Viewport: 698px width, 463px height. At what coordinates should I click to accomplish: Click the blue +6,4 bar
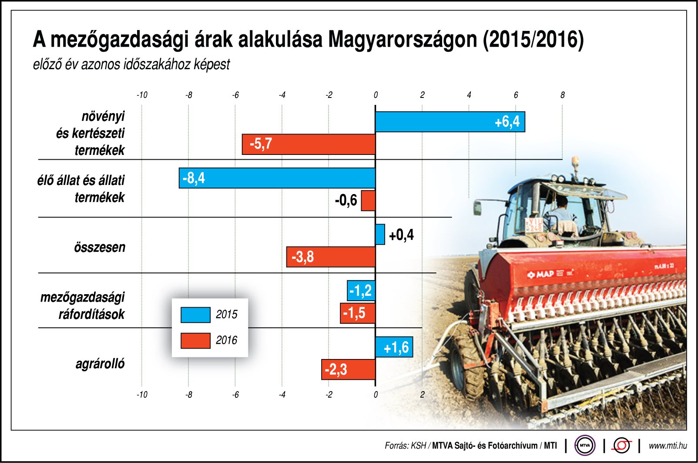click(450, 122)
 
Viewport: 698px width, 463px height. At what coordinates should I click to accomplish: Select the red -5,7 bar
click(309, 144)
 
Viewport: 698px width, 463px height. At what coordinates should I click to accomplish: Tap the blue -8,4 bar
click(277, 178)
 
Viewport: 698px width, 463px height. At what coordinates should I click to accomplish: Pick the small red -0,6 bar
click(368, 201)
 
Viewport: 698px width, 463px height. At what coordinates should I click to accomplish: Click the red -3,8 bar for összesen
click(331, 257)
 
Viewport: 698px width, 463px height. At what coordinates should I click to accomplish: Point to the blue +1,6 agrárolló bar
click(394, 347)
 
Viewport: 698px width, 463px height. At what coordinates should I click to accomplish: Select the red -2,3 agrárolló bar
click(348, 369)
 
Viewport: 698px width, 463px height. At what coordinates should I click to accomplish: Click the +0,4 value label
click(401, 235)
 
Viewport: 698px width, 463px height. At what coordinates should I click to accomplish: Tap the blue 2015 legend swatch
click(195, 315)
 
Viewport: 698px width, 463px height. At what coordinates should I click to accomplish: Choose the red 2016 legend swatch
click(195, 340)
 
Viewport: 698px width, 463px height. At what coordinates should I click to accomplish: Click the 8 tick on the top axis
click(562, 95)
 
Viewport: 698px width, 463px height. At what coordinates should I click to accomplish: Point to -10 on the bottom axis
click(142, 395)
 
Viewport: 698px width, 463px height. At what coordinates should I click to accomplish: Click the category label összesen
click(100, 247)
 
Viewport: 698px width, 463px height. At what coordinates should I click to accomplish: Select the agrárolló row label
click(100, 364)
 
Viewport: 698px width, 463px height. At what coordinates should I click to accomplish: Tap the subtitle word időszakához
click(157, 64)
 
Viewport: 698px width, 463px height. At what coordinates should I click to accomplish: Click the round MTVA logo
click(584, 446)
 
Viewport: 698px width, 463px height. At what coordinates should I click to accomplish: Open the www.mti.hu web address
click(668, 446)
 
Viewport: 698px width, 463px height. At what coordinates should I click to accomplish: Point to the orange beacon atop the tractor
click(575, 160)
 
